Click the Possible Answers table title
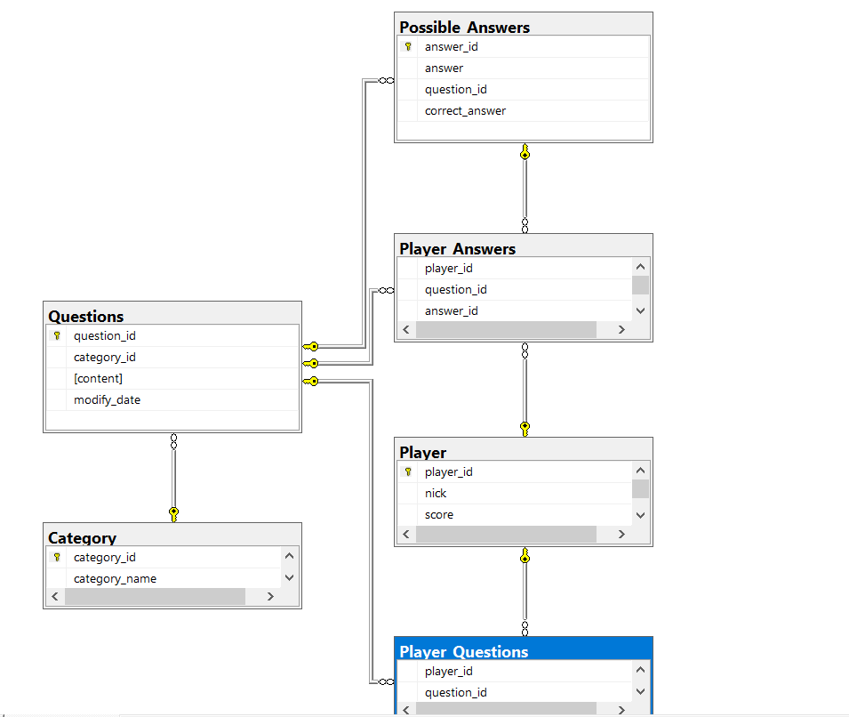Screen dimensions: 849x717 [x=465, y=27]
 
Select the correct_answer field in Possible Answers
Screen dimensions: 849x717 [x=465, y=111]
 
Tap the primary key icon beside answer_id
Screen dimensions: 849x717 [x=408, y=46]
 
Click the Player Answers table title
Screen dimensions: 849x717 [x=458, y=249]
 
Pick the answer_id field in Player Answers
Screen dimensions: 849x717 [x=451, y=311]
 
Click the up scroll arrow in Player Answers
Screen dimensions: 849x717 [x=641, y=267]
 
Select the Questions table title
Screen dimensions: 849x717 [x=86, y=317]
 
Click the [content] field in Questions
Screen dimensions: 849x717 [x=98, y=378]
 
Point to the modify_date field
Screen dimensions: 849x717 [x=108, y=400]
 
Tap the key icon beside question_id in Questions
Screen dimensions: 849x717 [x=57, y=336]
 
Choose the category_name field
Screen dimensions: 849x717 [x=115, y=579]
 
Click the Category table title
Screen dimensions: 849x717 [x=83, y=537]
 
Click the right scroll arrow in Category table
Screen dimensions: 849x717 [x=271, y=597]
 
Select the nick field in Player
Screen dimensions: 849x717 [x=436, y=493]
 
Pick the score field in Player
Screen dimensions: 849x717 [x=439, y=515]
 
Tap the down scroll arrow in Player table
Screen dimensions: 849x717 [x=641, y=515]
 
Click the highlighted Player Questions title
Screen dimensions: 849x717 [x=463, y=651]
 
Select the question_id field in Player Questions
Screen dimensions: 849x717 [x=456, y=693]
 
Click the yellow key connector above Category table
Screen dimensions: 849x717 [x=174, y=514]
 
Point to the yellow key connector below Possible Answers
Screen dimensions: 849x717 [x=525, y=152]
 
